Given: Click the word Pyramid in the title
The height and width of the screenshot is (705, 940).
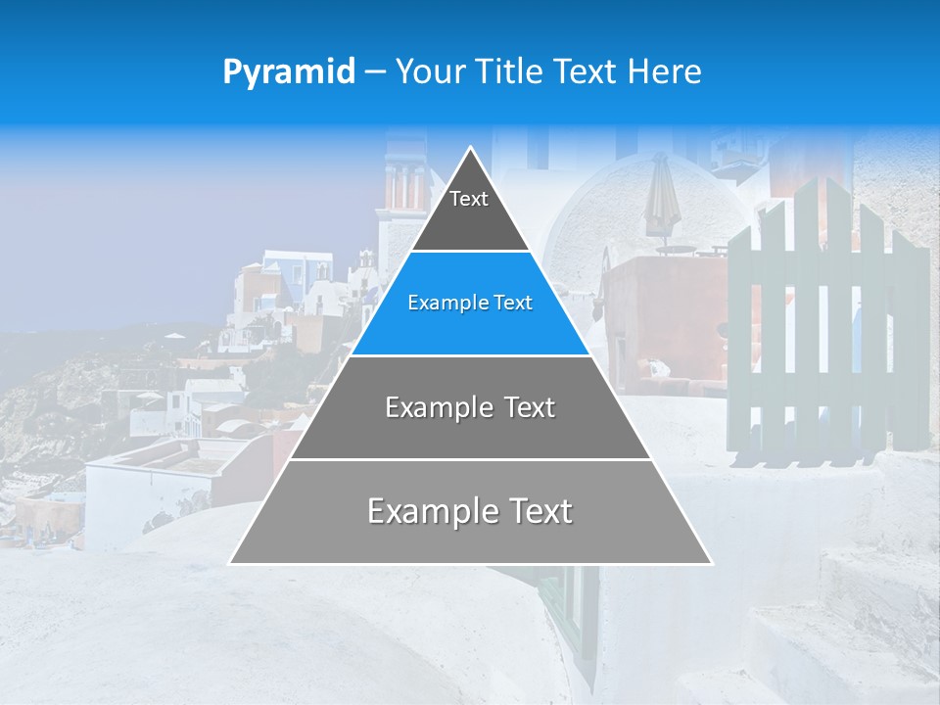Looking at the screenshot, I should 289,72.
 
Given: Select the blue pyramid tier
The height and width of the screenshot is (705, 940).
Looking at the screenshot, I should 470,304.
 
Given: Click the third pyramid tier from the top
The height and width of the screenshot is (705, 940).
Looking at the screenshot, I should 470,407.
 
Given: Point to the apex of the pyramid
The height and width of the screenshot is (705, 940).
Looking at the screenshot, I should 470,149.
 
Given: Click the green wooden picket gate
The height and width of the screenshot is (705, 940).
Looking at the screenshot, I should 827,323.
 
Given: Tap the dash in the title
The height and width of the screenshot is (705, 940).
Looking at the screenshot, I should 375,72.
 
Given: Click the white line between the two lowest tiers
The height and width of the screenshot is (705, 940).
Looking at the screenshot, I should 470,459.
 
